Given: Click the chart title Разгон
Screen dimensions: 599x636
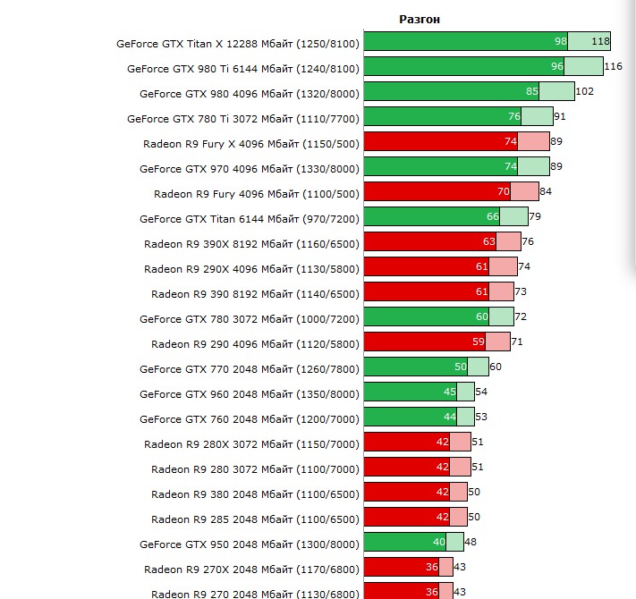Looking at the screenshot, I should click(419, 19).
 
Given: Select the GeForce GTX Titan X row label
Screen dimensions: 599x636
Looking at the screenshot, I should click(237, 42).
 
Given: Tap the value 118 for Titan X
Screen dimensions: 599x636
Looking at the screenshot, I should click(600, 41).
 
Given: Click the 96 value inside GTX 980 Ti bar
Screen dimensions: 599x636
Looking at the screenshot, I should click(557, 66).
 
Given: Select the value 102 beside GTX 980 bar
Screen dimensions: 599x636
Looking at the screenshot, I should click(584, 91).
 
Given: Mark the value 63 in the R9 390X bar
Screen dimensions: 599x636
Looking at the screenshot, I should click(488, 241).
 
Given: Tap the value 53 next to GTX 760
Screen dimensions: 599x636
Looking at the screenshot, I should click(481, 417).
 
